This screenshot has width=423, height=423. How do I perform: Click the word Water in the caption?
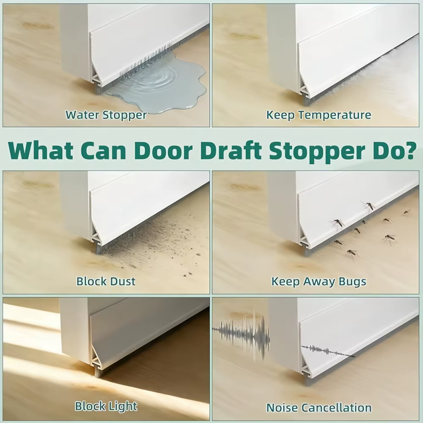82,115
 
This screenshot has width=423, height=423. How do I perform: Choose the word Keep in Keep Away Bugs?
285,282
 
